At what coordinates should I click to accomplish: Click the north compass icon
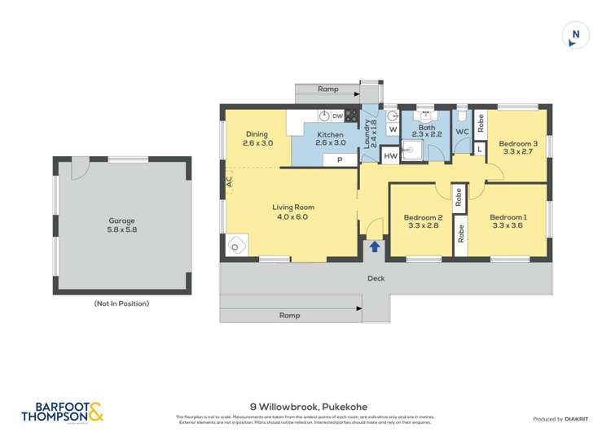(575, 35)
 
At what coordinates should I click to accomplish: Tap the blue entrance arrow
(375, 246)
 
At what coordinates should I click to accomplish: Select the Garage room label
(122, 220)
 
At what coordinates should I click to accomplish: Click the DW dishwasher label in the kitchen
(337, 116)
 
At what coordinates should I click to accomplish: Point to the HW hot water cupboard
(390, 155)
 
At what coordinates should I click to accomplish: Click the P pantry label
(338, 160)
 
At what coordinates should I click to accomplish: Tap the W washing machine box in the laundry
(392, 129)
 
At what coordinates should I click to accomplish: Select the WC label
(462, 132)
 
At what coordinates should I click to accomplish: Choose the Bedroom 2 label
(424, 217)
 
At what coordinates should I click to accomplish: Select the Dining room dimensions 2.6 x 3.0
(257, 143)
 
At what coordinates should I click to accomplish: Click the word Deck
(376, 278)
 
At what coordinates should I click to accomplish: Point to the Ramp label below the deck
(289, 314)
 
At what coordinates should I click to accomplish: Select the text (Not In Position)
(122, 303)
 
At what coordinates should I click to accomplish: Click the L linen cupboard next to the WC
(479, 148)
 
